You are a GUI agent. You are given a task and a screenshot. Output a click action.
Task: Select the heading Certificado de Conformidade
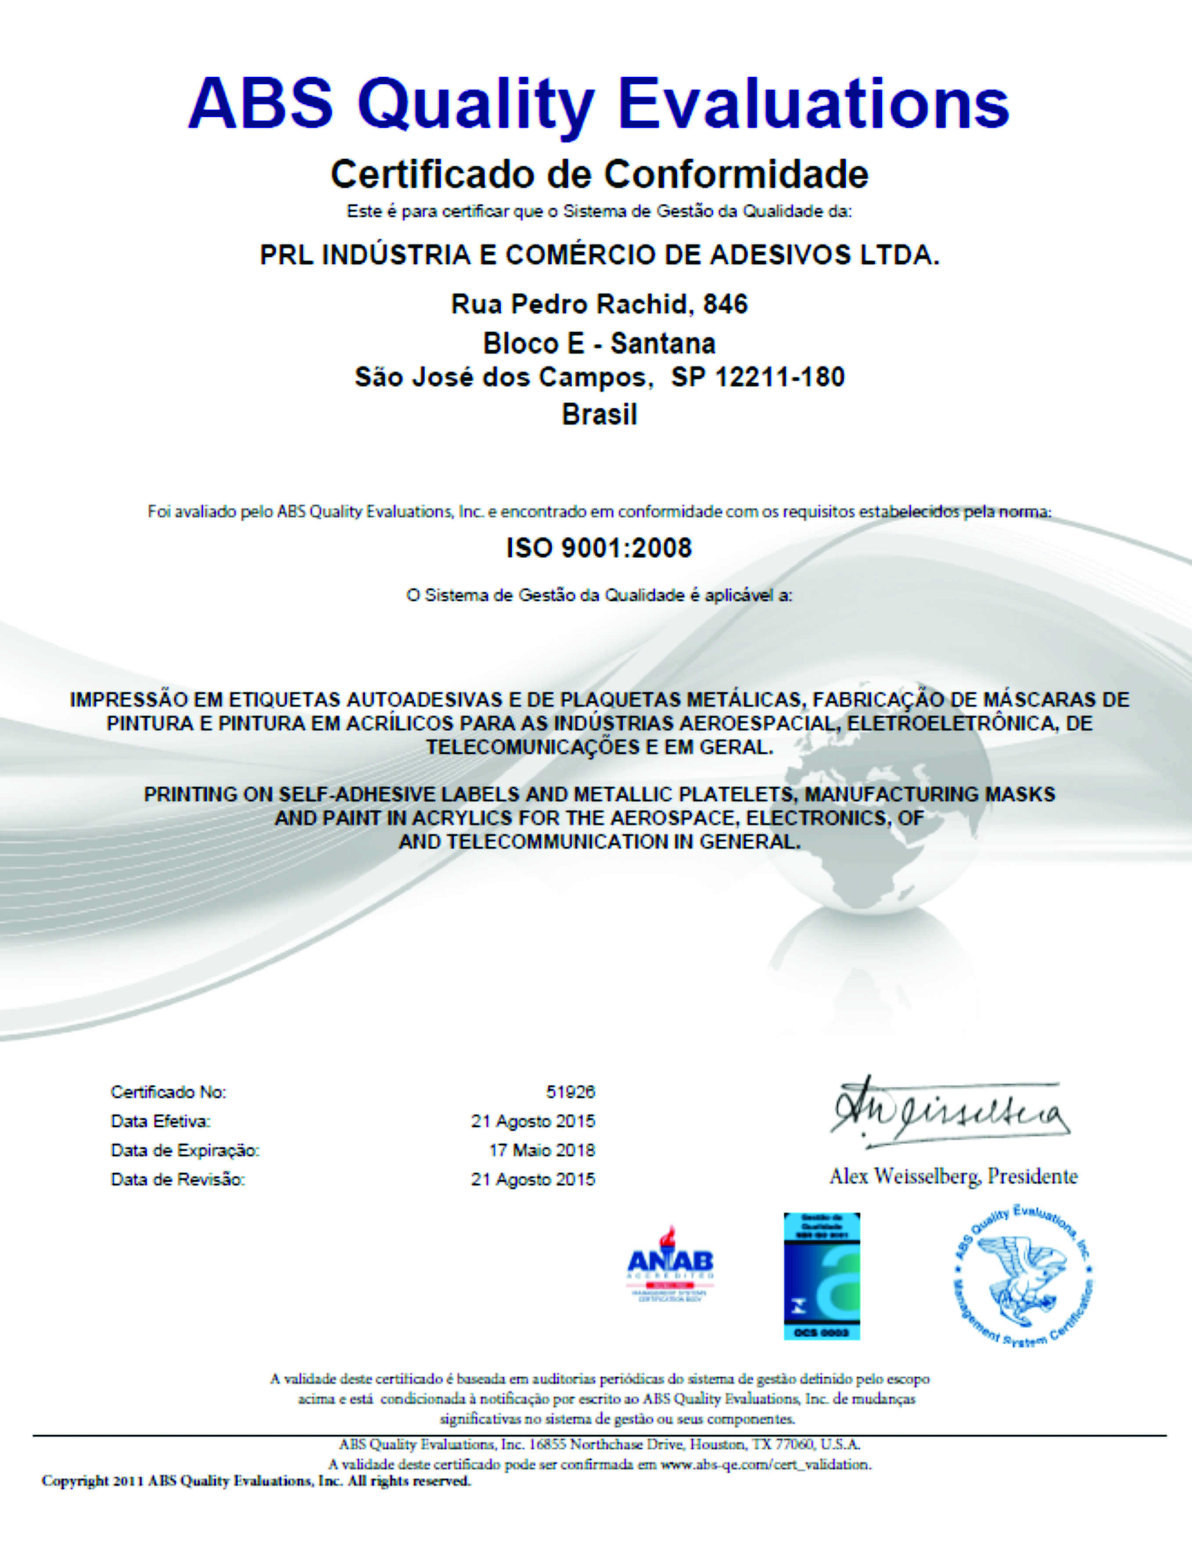point(600,175)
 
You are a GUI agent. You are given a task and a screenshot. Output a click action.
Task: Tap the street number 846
point(725,305)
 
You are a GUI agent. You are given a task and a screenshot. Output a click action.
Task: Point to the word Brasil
point(600,414)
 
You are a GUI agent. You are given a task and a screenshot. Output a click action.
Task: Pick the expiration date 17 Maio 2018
point(542,1150)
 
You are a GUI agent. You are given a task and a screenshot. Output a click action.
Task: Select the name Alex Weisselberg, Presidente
point(953,1177)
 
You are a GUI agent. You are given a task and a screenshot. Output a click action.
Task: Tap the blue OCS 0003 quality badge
point(822,1276)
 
